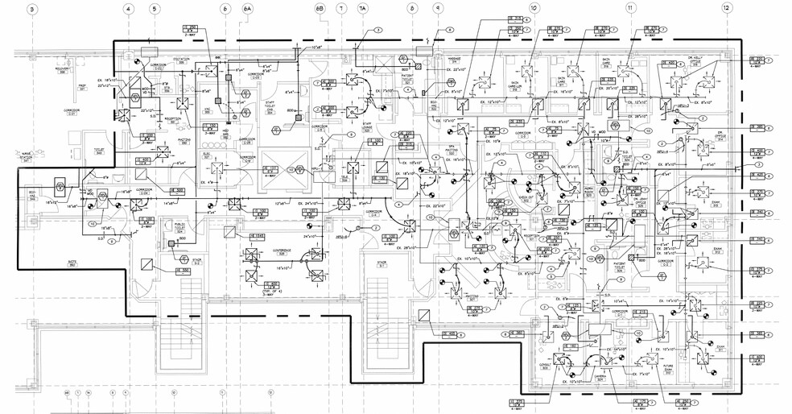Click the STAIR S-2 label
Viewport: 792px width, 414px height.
(196, 261)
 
